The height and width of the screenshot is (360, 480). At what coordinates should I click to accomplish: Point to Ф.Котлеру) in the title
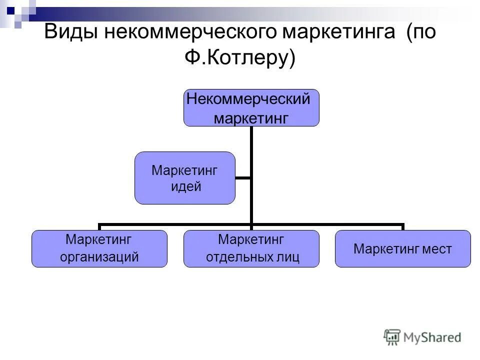point(240,58)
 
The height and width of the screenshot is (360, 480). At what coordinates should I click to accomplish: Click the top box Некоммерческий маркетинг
point(251,107)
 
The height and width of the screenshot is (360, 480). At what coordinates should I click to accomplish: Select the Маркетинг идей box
point(184,178)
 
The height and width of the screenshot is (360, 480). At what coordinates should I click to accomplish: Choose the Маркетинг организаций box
point(99,248)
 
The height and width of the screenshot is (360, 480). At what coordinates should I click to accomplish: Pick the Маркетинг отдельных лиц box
point(251,248)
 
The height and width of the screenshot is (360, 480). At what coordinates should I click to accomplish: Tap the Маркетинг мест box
point(402,248)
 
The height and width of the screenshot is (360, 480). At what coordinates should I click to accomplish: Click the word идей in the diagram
point(185,187)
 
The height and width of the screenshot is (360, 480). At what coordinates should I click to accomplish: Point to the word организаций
point(99,257)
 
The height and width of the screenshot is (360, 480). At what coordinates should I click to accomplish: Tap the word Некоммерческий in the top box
point(248,99)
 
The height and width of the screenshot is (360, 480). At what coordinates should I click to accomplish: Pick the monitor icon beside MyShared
point(392,337)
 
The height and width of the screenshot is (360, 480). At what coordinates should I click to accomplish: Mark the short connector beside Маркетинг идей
point(243,177)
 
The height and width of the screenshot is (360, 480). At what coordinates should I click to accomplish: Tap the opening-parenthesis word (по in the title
point(421,33)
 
